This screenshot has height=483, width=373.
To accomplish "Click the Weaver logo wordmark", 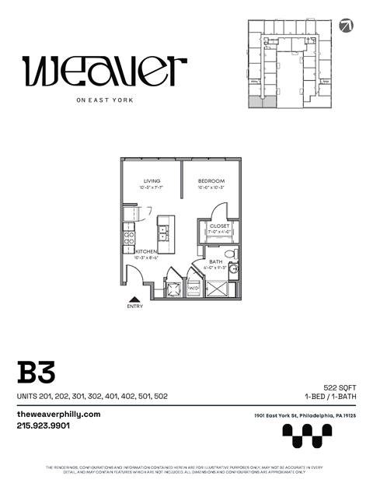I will pyautogui.click(x=105, y=72).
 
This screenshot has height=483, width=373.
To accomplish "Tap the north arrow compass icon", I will pyautogui.click(x=346, y=24).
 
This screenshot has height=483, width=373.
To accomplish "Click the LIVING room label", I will pyautogui.click(x=152, y=181).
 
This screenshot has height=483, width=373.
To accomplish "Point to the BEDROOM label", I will pyautogui.click(x=211, y=181).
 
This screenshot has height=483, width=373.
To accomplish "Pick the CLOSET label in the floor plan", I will pyautogui.click(x=220, y=226).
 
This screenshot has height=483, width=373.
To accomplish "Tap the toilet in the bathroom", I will pyautogui.click(x=230, y=254).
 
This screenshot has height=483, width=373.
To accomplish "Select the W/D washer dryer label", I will pyautogui.click(x=193, y=288).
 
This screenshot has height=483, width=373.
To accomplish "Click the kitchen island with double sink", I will pyautogui.click(x=164, y=229).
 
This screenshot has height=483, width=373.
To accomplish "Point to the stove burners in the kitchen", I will pyautogui.click(x=129, y=232).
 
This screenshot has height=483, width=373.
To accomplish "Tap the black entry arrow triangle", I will pyautogui.click(x=134, y=298).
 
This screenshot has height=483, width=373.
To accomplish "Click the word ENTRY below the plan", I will pyautogui.click(x=134, y=306).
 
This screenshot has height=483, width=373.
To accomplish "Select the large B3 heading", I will pyautogui.click(x=37, y=371).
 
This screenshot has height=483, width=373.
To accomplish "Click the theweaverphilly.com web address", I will pyautogui.click(x=59, y=415).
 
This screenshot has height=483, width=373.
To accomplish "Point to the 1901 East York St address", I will pyautogui.click(x=305, y=417).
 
